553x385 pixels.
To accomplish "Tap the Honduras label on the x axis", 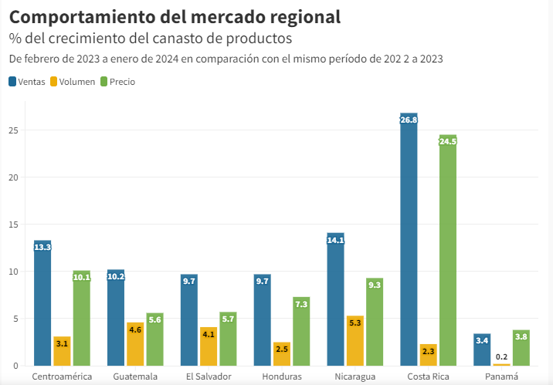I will (282, 377).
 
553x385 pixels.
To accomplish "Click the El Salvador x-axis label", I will (209, 377).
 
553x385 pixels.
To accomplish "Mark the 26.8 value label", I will (409, 120).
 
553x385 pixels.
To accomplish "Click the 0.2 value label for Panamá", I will (501, 357).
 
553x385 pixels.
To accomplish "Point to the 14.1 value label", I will (335, 240).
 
